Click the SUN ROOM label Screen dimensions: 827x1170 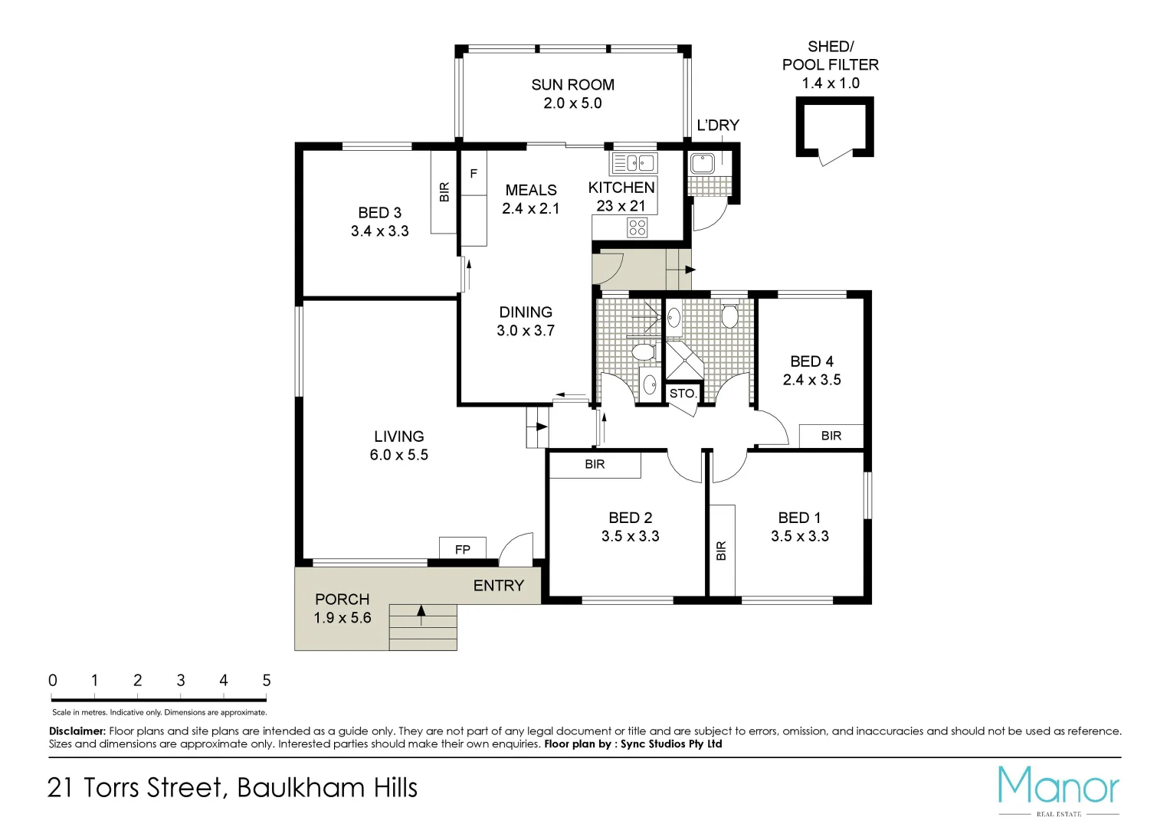tap(572, 85)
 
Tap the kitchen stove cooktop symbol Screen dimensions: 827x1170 tap(637, 227)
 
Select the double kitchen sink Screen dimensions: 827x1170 tap(634, 163)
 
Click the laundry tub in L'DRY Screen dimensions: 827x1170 tap(702, 163)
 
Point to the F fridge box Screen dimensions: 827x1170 tap(474, 174)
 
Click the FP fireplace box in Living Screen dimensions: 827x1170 tap(462, 549)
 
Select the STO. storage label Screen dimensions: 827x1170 tap(683, 394)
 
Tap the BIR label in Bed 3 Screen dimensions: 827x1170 tap(444, 191)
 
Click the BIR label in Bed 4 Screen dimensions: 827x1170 tap(831, 436)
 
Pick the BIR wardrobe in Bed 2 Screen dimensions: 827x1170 tap(595, 465)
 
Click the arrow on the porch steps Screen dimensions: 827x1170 tap(421, 610)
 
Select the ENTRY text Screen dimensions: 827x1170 tap(499, 586)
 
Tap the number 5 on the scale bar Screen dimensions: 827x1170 tap(267, 680)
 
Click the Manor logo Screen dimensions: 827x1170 tap(1059, 788)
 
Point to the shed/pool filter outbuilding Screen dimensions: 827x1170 tap(834, 128)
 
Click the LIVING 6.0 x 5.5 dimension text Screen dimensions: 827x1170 tap(398, 455)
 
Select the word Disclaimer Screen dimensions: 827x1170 tap(77, 731)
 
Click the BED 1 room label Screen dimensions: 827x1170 tap(799, 518)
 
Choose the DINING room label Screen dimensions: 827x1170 tap(526, 312)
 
